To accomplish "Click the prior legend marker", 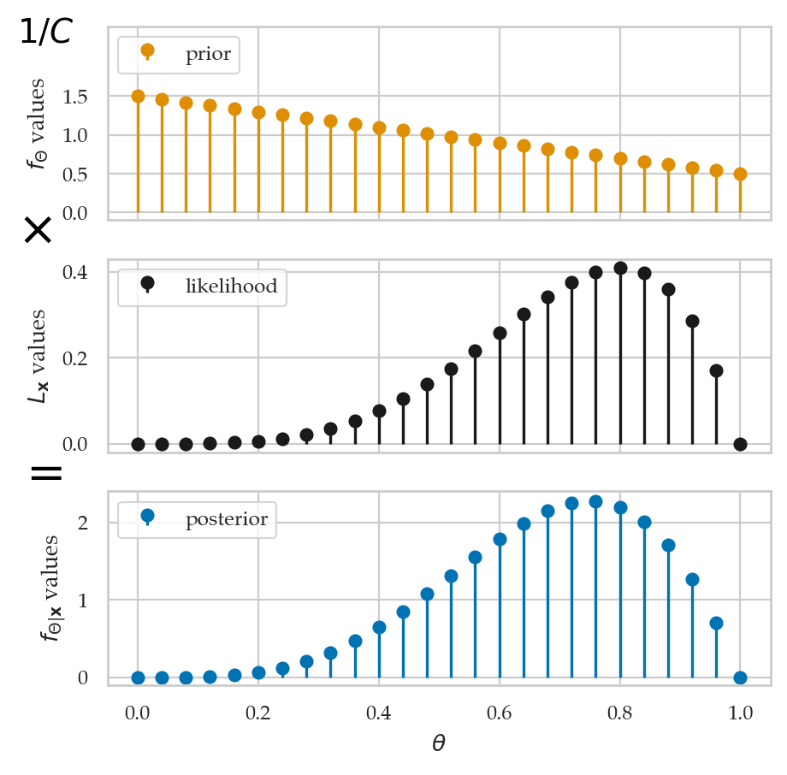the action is point(147,50).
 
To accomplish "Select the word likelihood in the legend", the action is point(231,286).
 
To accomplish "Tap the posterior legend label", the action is point(227,519).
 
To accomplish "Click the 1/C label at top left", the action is point(46,31).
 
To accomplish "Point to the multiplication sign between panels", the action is point(38,230).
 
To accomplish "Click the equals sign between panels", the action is point(46,473).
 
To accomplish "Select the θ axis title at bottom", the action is point(439,742).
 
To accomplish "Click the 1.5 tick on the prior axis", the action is point(74,97).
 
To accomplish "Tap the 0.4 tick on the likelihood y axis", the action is point(74,272).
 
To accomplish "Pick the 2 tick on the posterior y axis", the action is point(83,523).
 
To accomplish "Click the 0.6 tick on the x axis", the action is point(499,713).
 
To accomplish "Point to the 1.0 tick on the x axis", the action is point(740,713).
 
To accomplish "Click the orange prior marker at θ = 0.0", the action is point(138,97).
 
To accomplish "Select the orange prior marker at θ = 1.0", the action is point(740,175).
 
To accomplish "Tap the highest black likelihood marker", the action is point(620,268).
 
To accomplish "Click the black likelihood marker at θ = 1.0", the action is point(740,444).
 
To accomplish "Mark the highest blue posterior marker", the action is point(595,501).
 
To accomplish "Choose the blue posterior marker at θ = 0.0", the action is point(138,678).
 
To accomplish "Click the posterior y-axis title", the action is point(50,588).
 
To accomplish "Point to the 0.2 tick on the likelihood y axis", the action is point(74,358).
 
